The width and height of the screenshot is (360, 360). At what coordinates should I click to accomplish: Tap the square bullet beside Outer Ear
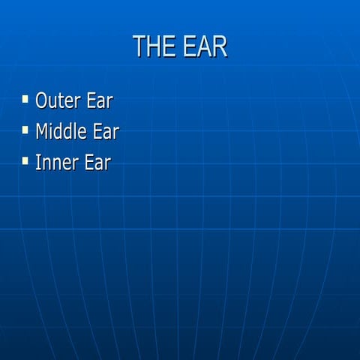coord(25,98)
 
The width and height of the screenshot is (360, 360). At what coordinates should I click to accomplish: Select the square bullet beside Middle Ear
coord(25,130)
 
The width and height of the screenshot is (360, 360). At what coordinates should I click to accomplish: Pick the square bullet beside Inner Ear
coord(25,160)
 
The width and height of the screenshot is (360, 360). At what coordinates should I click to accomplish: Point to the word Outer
coord(57,100)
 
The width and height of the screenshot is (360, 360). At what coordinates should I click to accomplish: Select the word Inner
coord(54,162)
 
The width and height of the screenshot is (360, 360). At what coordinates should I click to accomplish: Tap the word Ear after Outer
coord(99,100)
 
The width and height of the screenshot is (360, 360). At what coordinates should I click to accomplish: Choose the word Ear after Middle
coord(106,131)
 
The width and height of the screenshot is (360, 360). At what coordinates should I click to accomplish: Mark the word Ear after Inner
coord(97,162)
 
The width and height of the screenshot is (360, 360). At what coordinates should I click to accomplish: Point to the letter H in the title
coord(155,46)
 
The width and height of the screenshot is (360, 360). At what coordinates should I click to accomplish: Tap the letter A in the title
coord(204,46)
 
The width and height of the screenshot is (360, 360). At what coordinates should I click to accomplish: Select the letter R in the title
coord(219,46)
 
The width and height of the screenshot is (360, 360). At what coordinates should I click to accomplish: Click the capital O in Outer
coord(42,100)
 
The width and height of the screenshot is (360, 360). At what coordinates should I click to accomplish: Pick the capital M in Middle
coord(43,131)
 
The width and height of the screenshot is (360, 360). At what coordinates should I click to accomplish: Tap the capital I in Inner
coord(38,162)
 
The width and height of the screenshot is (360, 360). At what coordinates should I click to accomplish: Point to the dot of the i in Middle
coord(55,124)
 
